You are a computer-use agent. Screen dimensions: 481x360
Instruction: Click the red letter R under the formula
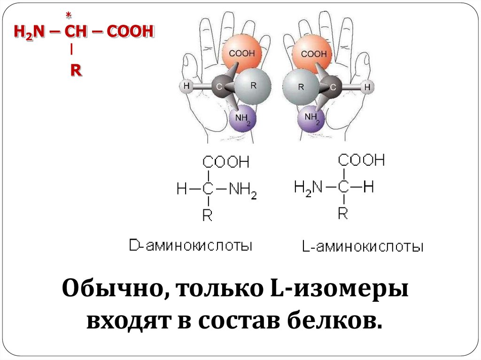point(76,70)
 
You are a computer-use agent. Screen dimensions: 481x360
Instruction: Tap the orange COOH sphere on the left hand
point(242,54)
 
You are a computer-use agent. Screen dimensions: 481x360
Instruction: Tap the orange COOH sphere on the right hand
point(313,54)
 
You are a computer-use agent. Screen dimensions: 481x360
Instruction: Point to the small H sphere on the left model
point(186,86)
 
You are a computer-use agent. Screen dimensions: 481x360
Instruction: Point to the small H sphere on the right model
point(368,87)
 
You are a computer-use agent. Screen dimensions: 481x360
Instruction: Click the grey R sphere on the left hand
point(253,86)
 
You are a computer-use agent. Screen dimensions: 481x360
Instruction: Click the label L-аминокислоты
point(363,246)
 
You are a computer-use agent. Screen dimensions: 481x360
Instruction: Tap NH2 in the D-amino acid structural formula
point(242,190)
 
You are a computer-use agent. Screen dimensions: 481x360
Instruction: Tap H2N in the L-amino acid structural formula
point(308,188)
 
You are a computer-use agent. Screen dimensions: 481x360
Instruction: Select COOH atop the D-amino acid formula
point(225,163)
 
